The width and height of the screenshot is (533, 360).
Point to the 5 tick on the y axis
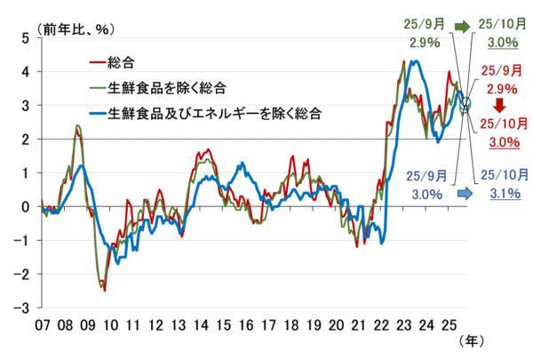26,37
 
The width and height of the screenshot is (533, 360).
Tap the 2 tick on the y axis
26,140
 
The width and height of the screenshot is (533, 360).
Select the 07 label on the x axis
42,324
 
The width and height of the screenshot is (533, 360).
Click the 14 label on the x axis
203,324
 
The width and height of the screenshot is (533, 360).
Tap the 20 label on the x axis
337,324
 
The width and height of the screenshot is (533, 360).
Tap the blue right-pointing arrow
463,192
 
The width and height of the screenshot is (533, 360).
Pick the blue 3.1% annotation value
499,193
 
